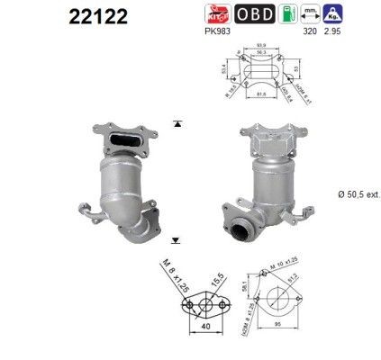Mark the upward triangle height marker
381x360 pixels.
[178, 121]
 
